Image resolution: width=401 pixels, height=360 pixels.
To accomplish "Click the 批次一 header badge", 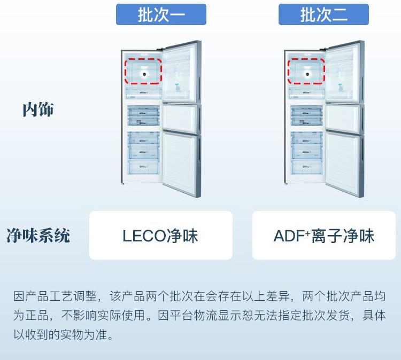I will tap(161, 14).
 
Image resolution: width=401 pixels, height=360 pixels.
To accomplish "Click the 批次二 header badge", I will tap(323, 14).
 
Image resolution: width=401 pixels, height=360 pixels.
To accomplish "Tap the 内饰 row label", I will tap(38, 110).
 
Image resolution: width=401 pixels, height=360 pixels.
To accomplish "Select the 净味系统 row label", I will tap(38, 236).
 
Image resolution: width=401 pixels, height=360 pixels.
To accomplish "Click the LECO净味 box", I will tap(160, 236).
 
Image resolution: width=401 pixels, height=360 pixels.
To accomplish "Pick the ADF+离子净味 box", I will tap(324, 236).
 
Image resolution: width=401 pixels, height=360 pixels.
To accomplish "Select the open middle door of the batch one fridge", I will tap(180, 118).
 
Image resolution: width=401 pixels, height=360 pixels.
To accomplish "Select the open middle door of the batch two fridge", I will tap(344, 118).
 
